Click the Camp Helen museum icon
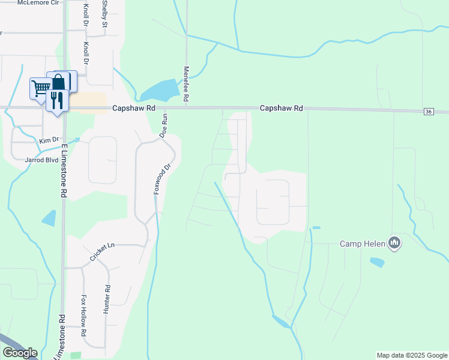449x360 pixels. click(x=394, y=243)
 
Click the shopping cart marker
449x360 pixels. click(x=41, y=89)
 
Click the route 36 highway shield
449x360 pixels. click(x=428, y=112)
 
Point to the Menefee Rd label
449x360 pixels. click(x=187, y=83)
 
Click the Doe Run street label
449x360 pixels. click(x=162, y=128)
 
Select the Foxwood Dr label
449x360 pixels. click(x=158, y=179)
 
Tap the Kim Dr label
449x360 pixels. click(x=46, y=140)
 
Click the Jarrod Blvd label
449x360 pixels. click(x=37, y=160)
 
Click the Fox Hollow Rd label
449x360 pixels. click(x=84, y=316)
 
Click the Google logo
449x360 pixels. click(x=20, y=353)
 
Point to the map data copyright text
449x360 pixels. click(x=412, y=355)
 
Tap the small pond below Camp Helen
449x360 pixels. click(x=377, y=262)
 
